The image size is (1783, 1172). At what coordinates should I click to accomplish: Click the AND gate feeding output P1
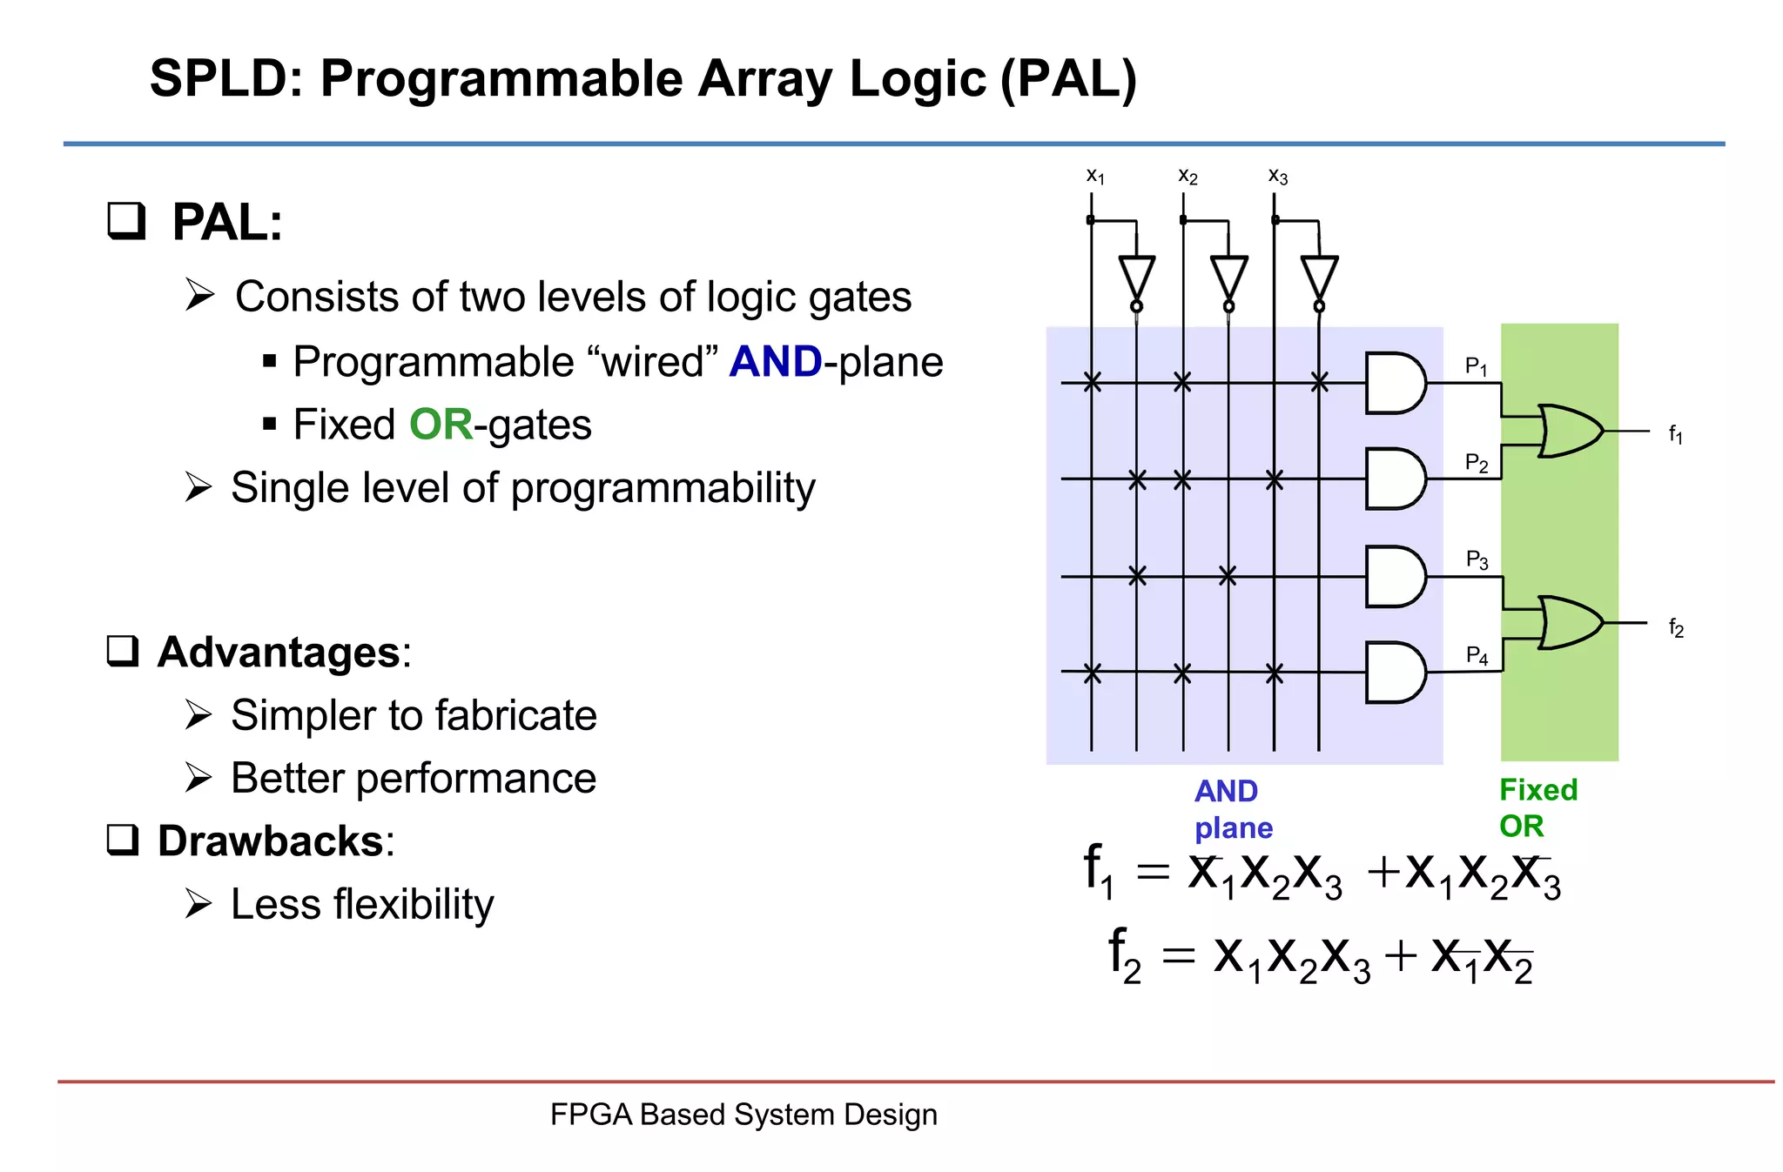(1394, 383)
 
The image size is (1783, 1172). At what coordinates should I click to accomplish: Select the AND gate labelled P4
(1394, 673)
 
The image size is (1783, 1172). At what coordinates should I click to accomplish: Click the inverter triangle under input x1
(1136, 277)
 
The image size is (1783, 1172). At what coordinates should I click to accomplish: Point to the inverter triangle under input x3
(1319, 277)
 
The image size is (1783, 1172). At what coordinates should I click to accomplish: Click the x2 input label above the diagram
(1188, 177)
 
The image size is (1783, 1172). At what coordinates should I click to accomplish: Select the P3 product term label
(1477, 559)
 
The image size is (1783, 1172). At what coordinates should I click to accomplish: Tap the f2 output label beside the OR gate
(1676, 627)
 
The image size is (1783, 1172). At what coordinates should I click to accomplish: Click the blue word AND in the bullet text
(775, 362)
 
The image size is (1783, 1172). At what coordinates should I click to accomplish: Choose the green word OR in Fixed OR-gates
(441, 425)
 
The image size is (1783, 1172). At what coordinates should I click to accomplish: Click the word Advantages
(279, 653)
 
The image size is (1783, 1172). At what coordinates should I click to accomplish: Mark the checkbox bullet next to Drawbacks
(123, 840)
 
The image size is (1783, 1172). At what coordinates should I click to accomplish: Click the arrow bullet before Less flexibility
(198, 904)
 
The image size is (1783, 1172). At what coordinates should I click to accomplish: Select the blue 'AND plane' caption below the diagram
(1232, 809)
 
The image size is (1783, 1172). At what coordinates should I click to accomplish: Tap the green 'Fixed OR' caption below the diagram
(1537, 807)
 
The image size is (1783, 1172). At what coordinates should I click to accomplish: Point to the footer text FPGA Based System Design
(743, 1115)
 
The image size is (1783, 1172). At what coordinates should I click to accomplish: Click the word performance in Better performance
(475, 778)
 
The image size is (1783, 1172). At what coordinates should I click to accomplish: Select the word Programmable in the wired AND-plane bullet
(434, 362)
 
